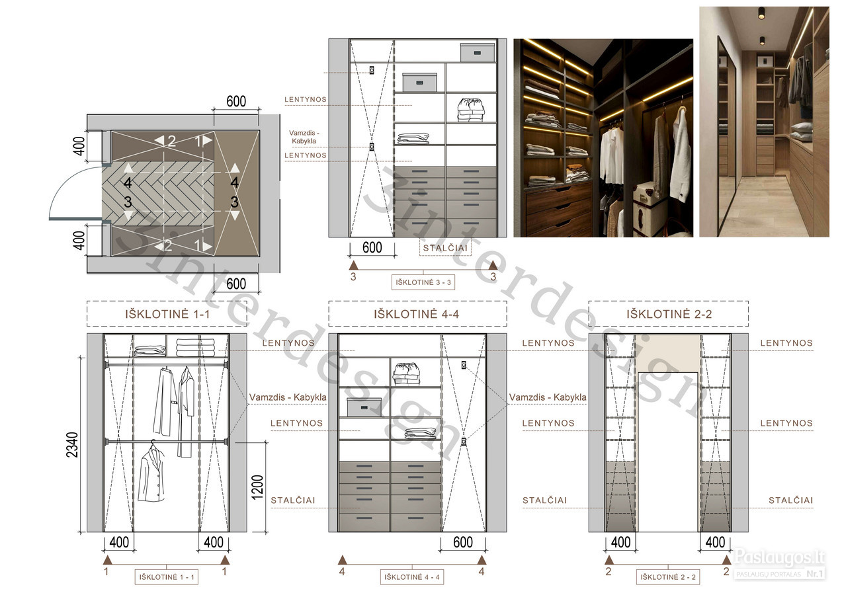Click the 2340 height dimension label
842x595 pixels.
click(72, 445)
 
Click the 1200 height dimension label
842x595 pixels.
click(257, 488)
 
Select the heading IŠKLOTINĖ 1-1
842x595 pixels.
click(167, 314)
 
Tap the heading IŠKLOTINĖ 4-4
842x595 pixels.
click(417, 314)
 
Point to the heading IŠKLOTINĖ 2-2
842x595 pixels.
click(669, 314)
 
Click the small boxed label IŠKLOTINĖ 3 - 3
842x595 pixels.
click(423, 282)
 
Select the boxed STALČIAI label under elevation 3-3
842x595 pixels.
click(445, 248)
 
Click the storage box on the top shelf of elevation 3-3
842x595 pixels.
click(478, 53)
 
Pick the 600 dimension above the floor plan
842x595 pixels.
click(236, 101)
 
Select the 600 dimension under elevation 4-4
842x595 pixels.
click(463, 542)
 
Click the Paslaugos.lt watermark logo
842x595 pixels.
click(779, 563)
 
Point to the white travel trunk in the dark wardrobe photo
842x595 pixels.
click(645, 208)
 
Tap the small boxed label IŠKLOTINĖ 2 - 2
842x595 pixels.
click(668, 577)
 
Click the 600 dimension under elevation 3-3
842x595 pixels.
click(372, 247)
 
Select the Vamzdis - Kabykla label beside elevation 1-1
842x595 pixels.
click(288, 397)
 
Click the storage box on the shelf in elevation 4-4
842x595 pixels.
click(364, 407)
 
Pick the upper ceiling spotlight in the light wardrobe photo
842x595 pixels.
click(761, 13)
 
